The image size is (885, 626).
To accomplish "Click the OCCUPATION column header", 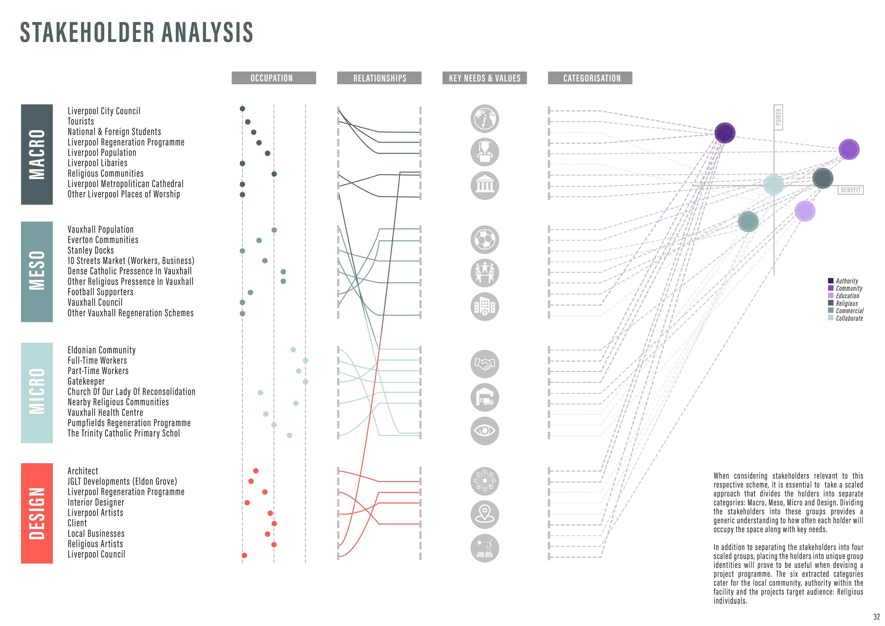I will [273, 78].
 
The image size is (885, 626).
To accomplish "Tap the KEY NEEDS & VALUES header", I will [484, 78].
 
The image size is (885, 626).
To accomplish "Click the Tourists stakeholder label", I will [81, 122].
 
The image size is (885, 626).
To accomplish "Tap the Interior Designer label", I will [96, 502].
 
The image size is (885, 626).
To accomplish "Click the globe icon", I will [484, 119].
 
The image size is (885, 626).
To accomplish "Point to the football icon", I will [484, 240].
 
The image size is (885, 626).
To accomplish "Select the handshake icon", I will [484, 364].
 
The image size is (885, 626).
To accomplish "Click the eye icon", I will [484, 430].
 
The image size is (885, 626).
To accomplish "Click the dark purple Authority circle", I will [725, 133].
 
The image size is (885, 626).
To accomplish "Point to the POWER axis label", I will [778, 117].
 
